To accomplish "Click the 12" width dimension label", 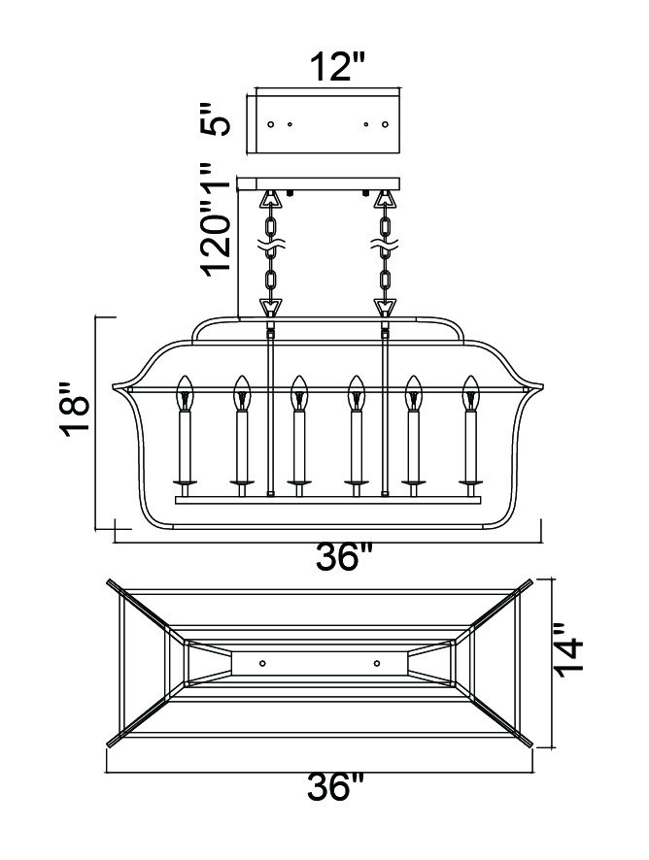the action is (338, 67).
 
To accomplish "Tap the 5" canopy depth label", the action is (214, 118).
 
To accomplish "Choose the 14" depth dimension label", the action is (567, 650).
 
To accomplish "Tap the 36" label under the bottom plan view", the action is (335, 786).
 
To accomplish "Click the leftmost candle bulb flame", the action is (185, 392).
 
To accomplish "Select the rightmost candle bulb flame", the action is (470, 392).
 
